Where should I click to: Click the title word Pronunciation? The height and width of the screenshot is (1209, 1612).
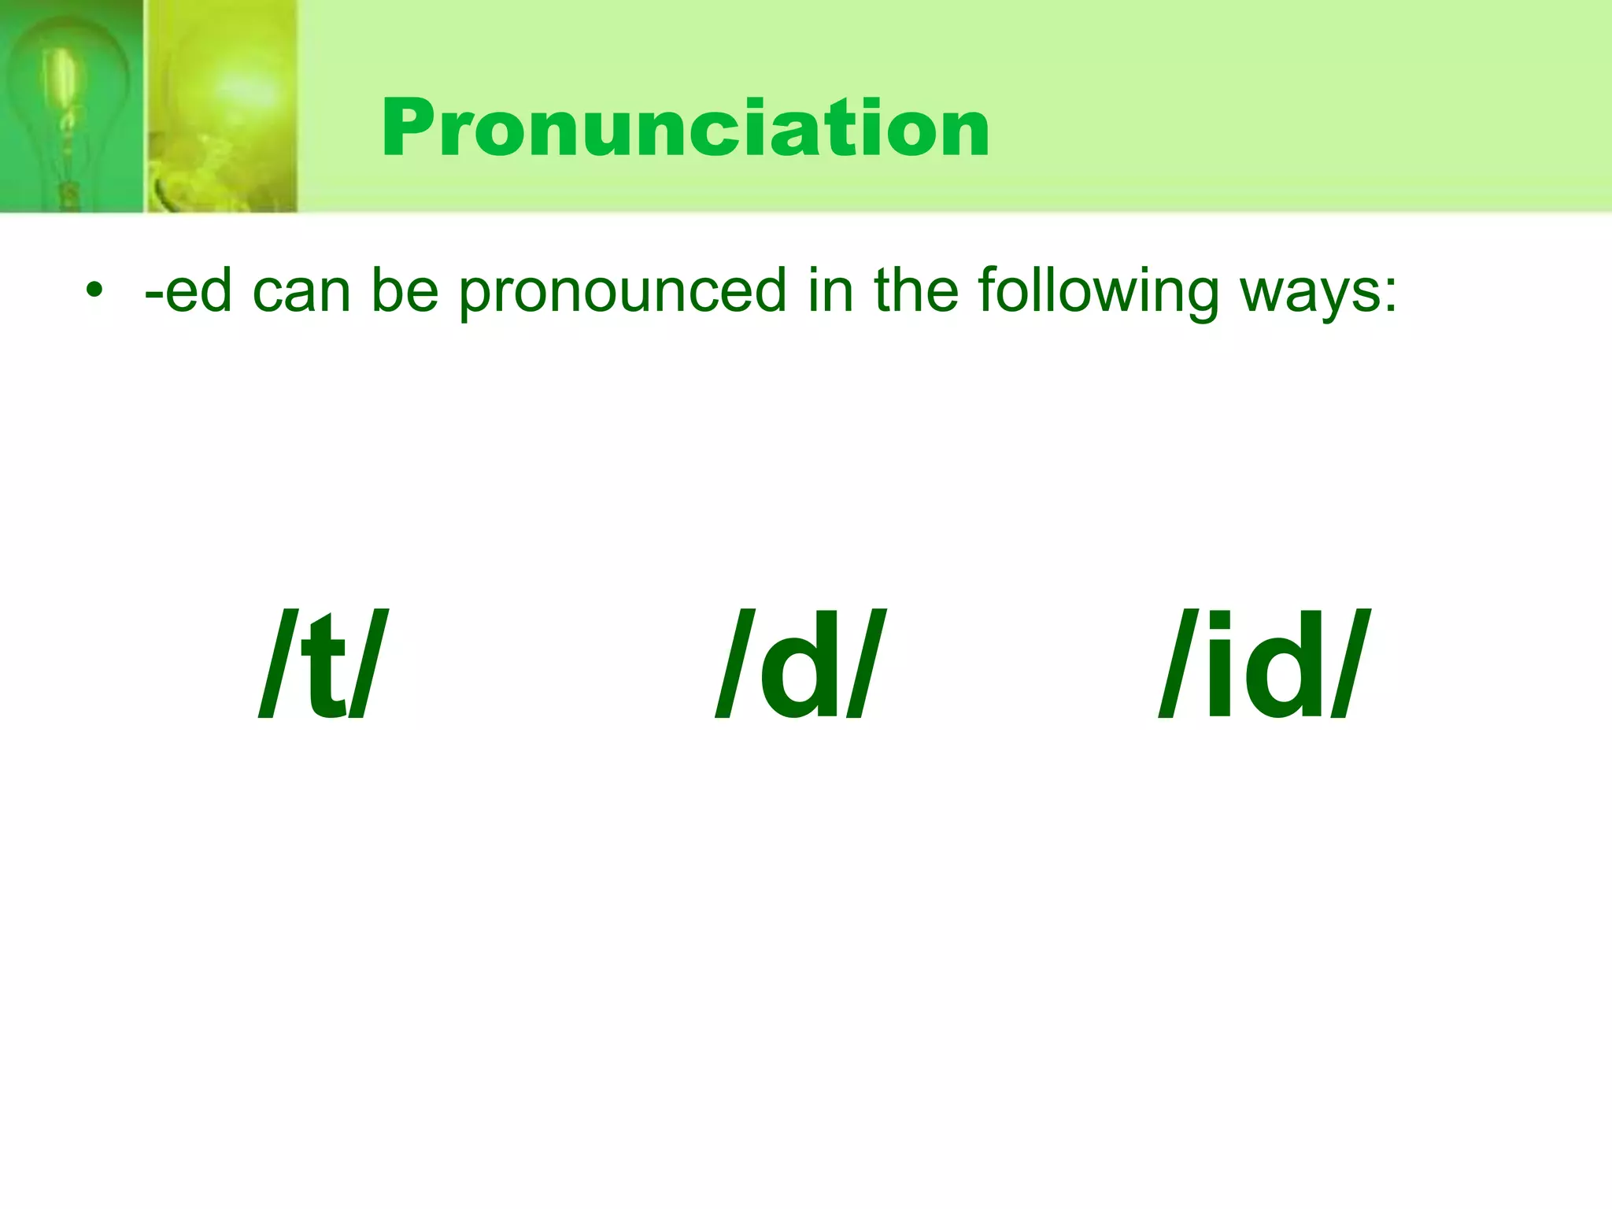pos(685,128)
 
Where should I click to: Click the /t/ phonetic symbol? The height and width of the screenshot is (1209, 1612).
pos(324,665)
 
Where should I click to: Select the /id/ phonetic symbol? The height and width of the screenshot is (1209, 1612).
pos(1264,665)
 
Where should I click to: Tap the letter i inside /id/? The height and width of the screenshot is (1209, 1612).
pos(1218,665)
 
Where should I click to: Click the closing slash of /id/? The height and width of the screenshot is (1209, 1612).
pos(1348,665)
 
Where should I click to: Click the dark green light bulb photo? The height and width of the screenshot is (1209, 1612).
pos(71,106)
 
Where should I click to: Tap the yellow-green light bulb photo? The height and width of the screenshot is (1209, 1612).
pos(223,106)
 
